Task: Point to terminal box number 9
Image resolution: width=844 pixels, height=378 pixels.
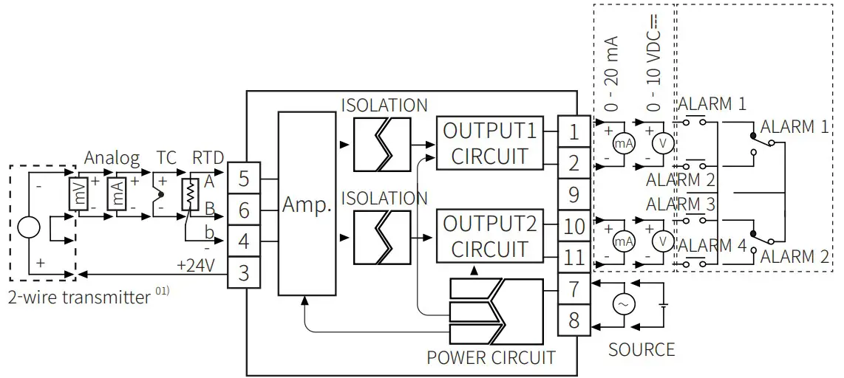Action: [574, 195]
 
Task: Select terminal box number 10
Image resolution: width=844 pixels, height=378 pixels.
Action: [574, 227]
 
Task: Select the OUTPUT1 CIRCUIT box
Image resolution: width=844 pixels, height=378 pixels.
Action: [489, 143]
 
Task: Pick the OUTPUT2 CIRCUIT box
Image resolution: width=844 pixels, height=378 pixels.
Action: [489, 236]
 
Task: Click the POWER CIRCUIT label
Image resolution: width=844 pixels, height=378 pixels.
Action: [491, 358]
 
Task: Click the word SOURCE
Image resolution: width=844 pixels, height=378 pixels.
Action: [641, 349]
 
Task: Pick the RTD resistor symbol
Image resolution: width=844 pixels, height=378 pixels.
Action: [191, 194]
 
